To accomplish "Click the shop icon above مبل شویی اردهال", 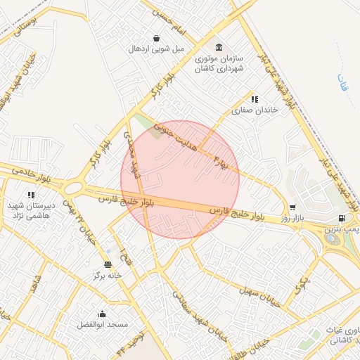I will click(155, 37).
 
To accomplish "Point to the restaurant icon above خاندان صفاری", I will click(255, 99).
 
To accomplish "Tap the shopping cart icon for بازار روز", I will click(292, 208).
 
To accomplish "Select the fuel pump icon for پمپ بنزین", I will click(342, 218).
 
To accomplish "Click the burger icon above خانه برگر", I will click(107, 264).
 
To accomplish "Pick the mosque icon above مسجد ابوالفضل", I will click(103, 314).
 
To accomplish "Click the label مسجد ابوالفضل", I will click(103, 325).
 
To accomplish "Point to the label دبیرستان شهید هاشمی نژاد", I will click(30, 209).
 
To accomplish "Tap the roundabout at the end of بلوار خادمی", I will click(73, 188).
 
